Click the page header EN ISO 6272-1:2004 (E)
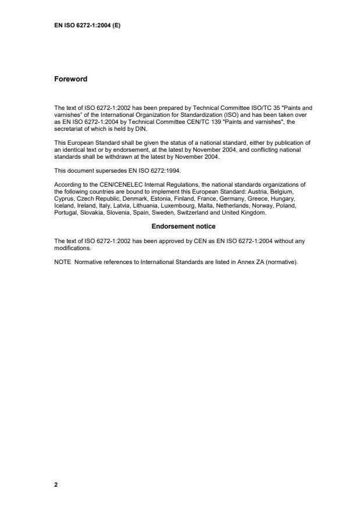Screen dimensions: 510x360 click(87, 26)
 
